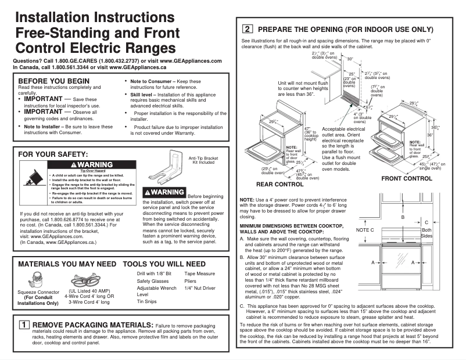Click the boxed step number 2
247,28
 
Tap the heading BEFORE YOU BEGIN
54,81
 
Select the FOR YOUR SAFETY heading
53,154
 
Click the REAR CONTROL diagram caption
280,185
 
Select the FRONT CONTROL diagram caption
407,179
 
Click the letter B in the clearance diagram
402,217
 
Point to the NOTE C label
364,231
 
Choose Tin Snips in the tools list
146,301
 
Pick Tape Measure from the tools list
199,273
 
